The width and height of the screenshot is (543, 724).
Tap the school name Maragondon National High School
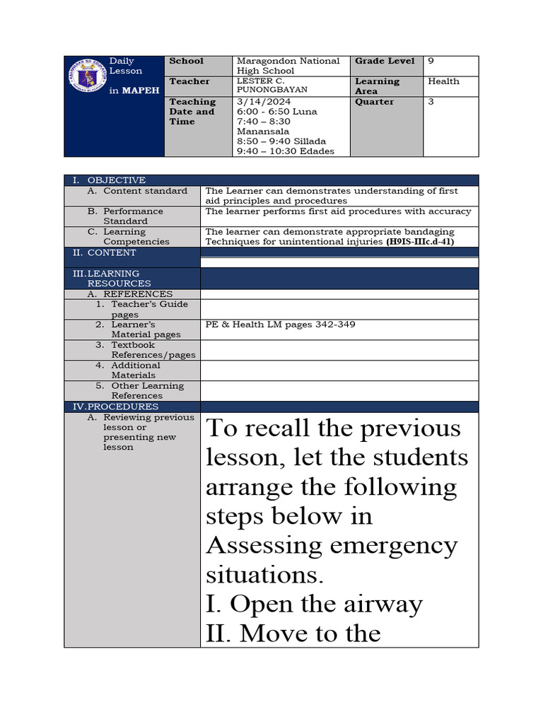(288, 66)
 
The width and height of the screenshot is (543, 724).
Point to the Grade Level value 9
(431, 62)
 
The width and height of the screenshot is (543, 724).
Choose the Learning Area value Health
(443, 81)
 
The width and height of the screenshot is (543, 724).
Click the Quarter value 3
(431, 102)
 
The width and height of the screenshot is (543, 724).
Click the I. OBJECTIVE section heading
(110, 180)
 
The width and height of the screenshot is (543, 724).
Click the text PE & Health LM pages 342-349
(280, 325)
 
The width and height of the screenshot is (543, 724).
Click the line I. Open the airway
(314, 604)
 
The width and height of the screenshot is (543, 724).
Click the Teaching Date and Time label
(192, 112)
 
